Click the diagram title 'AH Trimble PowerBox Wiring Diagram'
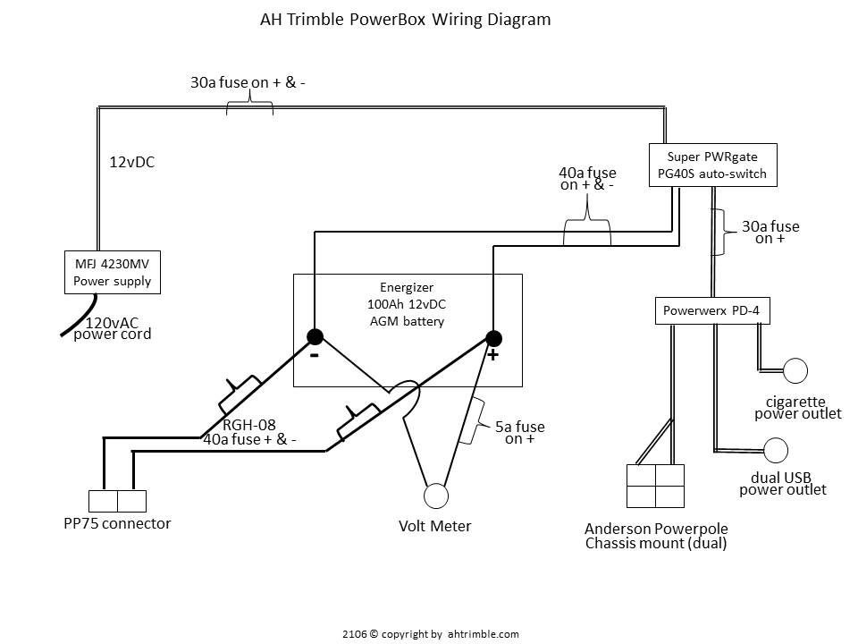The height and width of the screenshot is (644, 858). point(405,19)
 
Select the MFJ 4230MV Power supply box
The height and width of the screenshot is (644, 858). point(112,273)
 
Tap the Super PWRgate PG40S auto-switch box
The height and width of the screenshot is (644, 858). point(712,165)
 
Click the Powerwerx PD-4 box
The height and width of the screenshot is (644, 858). point(712,311)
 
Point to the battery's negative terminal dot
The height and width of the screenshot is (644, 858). point(315,337)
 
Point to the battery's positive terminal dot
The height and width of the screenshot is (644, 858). point(492,338)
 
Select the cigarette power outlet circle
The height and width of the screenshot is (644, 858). point(795,369)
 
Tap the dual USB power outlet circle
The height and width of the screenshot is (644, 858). point(776,450)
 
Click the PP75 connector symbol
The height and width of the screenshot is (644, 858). point(117,501)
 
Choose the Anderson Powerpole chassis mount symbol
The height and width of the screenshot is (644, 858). point(655,486)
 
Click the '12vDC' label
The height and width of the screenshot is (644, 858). point(132,163)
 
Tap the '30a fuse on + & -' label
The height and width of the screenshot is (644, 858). point(248,82)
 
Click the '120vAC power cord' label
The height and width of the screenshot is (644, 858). point(112,328)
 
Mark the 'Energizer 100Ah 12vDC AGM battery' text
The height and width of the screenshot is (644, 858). point(407,304)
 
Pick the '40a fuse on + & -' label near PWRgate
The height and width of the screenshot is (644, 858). point(587,179)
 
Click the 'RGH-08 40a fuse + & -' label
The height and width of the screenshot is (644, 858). point(249,432)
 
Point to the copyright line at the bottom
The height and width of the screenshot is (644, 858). point(430,633)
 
